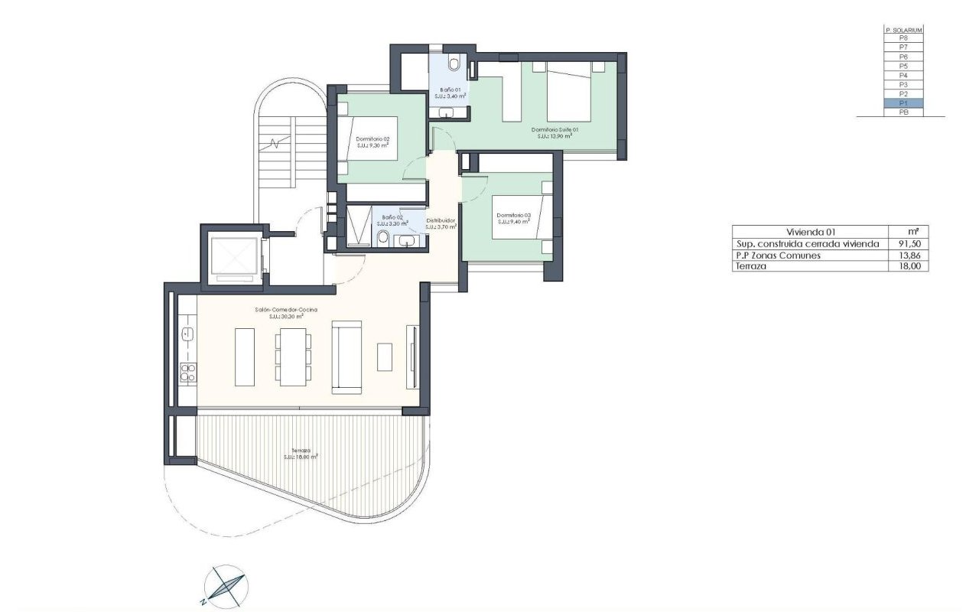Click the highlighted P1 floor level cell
pos(903,103)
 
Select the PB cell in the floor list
pos(903,112)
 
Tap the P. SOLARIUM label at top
pos(903,30)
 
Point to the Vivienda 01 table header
pos(808,232)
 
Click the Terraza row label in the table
pos(752,267)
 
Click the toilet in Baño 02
pos(382,238)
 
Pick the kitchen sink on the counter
pos(186,334)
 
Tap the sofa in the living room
pos(346,357)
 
